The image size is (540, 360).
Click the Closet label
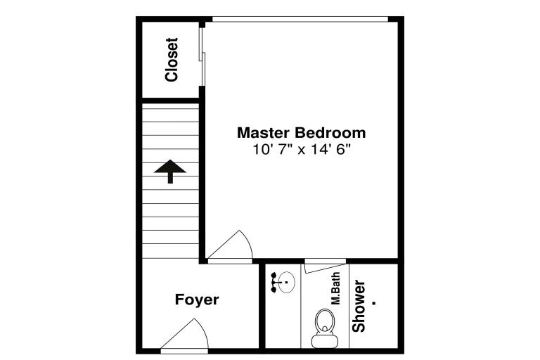172,60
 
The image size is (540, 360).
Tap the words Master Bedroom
302,133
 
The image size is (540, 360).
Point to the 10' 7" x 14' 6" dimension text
302,150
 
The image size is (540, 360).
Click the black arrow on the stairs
170,172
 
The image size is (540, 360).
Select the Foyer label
197,300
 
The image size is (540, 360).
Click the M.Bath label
335,288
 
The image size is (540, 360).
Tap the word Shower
359,307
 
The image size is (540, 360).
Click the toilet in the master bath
324,328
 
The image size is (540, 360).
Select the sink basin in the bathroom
287,283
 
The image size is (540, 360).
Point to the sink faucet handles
274,283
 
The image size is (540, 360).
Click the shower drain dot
374,303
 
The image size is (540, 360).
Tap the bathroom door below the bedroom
325,268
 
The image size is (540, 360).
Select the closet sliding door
202,57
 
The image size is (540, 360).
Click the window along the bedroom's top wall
300,20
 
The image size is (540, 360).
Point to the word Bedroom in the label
330,133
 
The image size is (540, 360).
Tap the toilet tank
324,341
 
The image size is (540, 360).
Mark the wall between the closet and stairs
171,101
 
